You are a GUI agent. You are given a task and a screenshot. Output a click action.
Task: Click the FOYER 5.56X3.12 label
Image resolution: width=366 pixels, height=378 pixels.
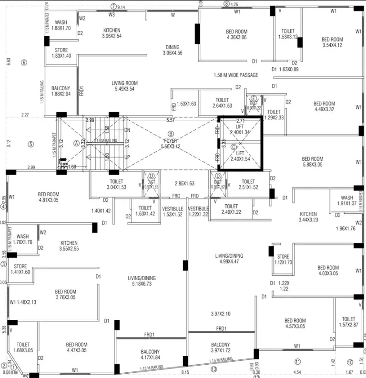[171, 144]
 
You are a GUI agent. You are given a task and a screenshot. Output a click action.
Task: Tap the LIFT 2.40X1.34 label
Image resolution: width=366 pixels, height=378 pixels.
[240, 129]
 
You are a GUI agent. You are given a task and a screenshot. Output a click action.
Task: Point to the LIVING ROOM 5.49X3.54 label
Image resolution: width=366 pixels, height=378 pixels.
[124, 86]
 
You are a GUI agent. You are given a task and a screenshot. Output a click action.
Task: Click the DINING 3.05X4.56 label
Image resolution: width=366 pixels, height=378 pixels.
[173, 50]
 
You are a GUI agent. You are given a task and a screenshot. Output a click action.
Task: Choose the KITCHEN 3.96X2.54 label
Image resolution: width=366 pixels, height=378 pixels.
[112, 33]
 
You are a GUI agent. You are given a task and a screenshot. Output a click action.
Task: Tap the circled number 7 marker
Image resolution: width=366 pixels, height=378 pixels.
[113, 7]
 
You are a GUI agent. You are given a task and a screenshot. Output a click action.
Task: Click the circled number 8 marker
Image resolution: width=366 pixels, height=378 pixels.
[226, 4]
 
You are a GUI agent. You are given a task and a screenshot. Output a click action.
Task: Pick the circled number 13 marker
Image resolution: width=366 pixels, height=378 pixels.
[213, 369]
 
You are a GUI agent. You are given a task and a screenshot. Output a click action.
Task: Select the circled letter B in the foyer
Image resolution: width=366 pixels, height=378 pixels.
[171, 134]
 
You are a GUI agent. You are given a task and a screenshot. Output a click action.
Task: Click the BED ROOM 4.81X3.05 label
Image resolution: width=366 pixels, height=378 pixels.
[49, 197]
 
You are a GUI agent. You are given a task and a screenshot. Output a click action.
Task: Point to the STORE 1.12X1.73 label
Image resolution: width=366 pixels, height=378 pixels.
[283, 260]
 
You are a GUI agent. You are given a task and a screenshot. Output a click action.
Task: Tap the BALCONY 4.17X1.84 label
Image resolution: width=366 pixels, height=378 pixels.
[150, 354]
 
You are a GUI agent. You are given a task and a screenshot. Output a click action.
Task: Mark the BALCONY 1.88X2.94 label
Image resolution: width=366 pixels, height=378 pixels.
[61, 91]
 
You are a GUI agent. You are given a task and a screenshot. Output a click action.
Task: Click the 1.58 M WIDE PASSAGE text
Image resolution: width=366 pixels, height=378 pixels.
[236, 75]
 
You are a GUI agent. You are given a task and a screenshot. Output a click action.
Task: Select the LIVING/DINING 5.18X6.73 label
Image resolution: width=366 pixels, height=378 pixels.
[142, 281]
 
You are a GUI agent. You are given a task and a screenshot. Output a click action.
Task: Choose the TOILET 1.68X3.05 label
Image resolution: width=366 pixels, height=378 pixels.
[23, 347]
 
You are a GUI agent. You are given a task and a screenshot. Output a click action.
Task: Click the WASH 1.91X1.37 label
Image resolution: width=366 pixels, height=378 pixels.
[347, 200]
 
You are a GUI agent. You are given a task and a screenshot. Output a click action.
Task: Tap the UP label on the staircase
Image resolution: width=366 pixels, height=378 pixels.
[127, 157]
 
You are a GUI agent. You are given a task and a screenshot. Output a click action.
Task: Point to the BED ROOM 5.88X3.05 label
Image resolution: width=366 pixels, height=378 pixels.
[313, 162]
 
